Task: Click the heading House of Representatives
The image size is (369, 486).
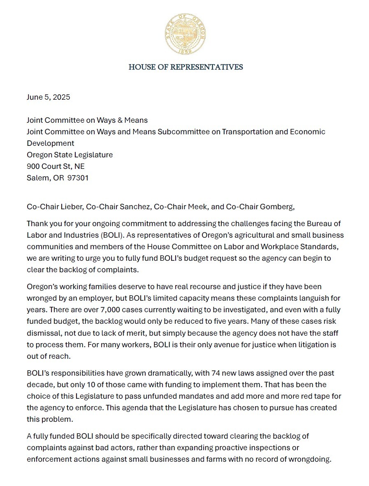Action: click(x=186, y=67)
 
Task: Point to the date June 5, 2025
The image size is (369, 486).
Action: click(x=48, y=97)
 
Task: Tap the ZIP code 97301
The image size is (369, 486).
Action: click(x=78, y=178)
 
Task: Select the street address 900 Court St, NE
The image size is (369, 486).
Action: click(x=56, y=166)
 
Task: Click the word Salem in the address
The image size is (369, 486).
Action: click(x=37, y=178)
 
